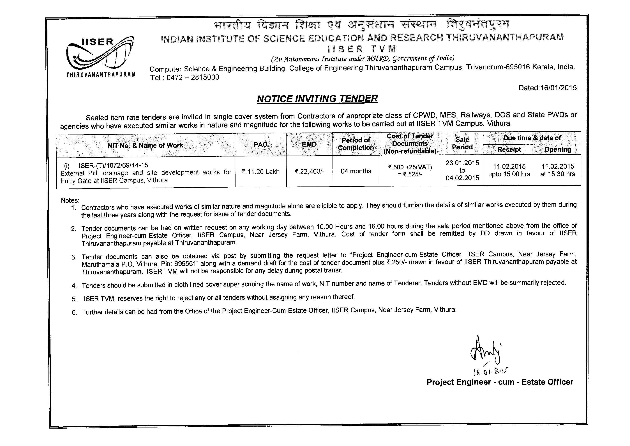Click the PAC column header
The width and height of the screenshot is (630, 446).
click(260, 144)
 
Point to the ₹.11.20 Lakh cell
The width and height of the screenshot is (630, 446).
click(260, 172)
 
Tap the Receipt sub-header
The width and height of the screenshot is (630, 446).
click(509, 150)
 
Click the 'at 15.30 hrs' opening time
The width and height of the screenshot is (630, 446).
click(557, 174)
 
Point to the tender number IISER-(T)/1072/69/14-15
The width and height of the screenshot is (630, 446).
click(112, 165)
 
